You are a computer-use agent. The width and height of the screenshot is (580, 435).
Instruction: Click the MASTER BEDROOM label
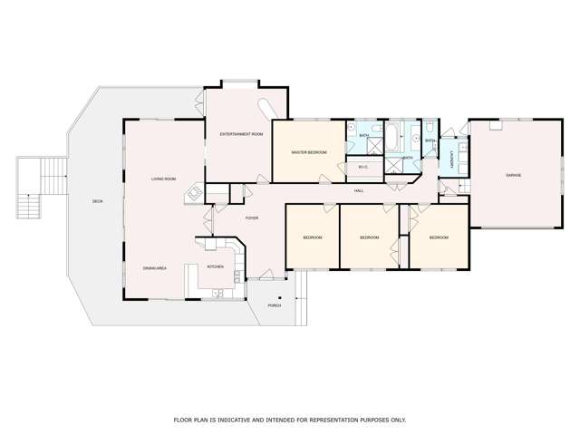coord(309,152)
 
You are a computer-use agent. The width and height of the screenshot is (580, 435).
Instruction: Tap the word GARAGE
coord(514,174)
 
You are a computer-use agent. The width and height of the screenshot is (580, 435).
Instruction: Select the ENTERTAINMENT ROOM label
coord(241,134)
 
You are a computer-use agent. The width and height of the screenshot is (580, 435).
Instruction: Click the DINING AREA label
coord(155,268)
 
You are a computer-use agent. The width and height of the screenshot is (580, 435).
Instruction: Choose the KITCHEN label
coord(216,266)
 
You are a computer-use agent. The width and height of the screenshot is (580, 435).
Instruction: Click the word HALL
coord(359,191)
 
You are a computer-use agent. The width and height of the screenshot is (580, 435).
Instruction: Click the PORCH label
coord(275,305)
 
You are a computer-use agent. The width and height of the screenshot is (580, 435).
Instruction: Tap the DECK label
coord(98,201)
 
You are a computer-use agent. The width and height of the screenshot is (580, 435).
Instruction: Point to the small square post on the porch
coord(280,298)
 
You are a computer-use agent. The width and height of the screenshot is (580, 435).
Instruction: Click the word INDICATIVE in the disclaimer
coord(230,420)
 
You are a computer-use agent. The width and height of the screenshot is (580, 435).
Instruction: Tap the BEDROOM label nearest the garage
coord(439,237)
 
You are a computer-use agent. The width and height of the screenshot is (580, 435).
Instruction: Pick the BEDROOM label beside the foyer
coord(313,237)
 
